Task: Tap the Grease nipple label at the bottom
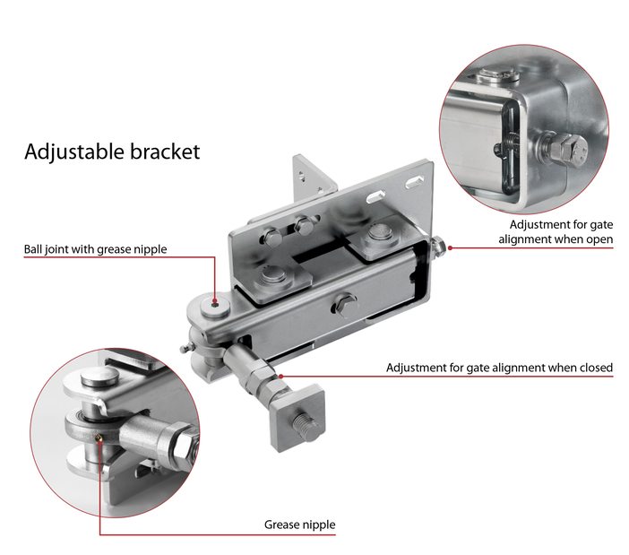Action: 299,525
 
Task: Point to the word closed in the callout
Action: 592,368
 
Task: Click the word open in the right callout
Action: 595,239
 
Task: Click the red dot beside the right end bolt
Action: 450,245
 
